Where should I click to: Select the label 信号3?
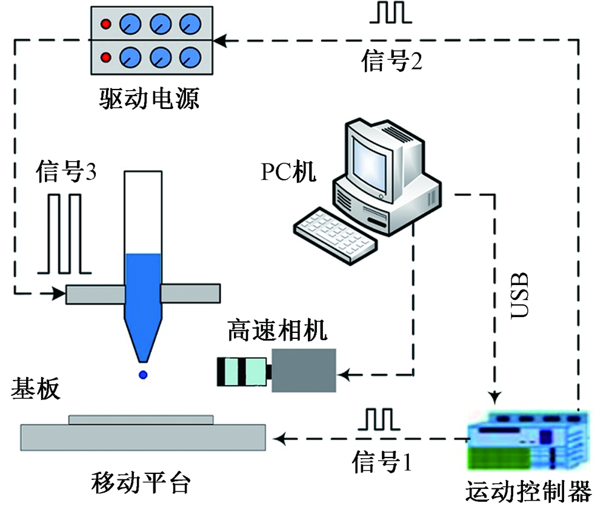66,172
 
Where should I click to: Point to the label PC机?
288,172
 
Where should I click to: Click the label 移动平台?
141,484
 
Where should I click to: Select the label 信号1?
382,462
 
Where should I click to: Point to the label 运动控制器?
528,492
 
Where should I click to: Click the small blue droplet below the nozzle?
144,375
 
